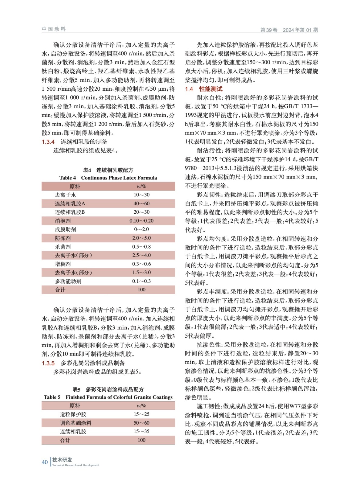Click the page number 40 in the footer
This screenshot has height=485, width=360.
click(45, 462)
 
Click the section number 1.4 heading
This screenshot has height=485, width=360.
click(189, 89)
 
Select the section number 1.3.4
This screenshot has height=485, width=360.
click(48, 142)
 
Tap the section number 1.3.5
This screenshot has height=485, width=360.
click(48, 363)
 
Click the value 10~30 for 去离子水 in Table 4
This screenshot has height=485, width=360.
click(141, 195)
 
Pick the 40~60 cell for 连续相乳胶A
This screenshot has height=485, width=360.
click(141, 203)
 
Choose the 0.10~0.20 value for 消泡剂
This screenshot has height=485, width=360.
click(141, 221)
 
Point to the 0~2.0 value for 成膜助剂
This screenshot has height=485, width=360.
click(141, 229)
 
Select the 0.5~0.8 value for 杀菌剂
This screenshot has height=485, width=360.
click(141, 247)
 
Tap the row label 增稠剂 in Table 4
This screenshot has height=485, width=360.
click(62, 264)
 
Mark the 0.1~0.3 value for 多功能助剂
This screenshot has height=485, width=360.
click(141, 281)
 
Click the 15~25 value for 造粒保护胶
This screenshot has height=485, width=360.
click(141, 414)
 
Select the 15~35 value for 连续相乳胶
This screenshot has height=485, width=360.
click(141, 431)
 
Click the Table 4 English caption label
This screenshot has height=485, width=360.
click(67, 178)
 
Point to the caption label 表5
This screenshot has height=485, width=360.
click(76, 390)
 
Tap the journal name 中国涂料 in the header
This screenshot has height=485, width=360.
click(54, 29)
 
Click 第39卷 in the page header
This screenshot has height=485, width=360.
click(269, 30)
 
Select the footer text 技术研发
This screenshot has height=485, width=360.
click(62, 460)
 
